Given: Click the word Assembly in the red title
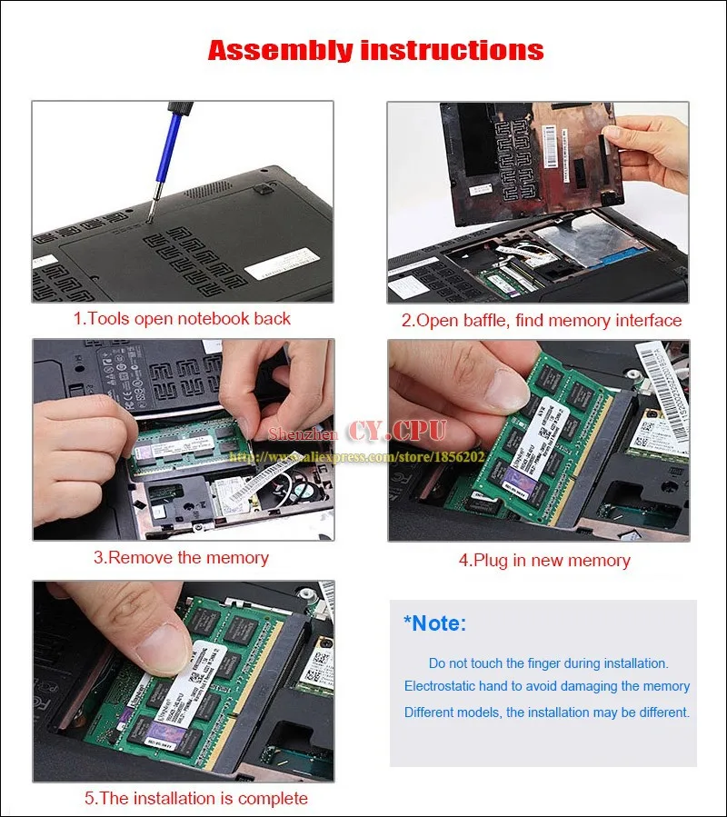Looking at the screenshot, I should pyautogui.click(x=280, y=49).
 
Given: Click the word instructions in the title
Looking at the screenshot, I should pyautogui.click(x=452, y=49).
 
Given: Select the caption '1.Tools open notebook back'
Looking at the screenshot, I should pyautogui.click(x=182, y=319).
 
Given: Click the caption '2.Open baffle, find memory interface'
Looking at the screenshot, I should pyautogui.click(x=542, y=320).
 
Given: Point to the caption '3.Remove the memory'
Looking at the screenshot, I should pyautogui.click(x=181, y=557).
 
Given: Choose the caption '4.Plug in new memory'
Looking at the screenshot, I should pyautogui.click(x=543, y=560).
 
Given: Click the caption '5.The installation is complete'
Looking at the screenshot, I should pyautogui.click(x=196, y=798).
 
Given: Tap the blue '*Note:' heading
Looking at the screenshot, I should pyautogui.click(x=434, y=623).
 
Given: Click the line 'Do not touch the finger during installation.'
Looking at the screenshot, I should pyautogui.click(x=548, y=663).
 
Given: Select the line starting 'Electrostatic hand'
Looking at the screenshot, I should pyautogui.click(x=547, y=687).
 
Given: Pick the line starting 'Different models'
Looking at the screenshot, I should pyautogui.click(x=547, y=712).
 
